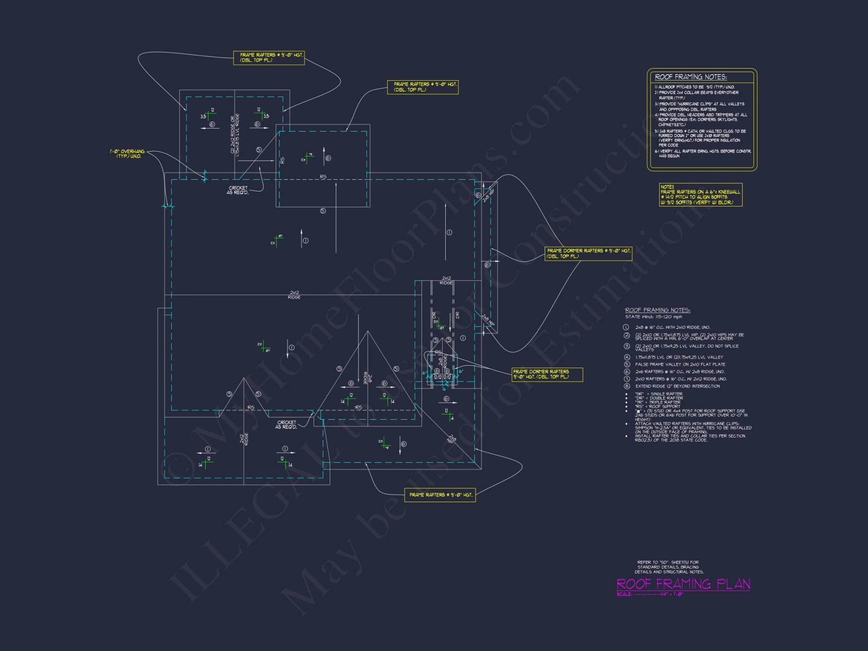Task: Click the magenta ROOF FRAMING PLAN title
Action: coord(683,584)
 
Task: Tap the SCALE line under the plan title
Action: coord(650,594)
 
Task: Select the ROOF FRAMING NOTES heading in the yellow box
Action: coord(690,77)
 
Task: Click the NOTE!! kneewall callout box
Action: coord(700,194)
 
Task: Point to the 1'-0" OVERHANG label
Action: coord(128,154)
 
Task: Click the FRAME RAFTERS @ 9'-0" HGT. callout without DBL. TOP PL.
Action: coord(440,495)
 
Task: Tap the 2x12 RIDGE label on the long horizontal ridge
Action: coord(294,295)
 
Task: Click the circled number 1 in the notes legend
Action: coord(626,327)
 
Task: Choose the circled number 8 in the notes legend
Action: coord(627,386)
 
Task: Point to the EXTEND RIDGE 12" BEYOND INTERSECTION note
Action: coord(677,386)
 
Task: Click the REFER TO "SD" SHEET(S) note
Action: coord(668,567)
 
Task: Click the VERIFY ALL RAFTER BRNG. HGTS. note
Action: coord(703,153)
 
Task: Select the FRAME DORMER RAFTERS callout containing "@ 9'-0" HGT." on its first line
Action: coord(588,253)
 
